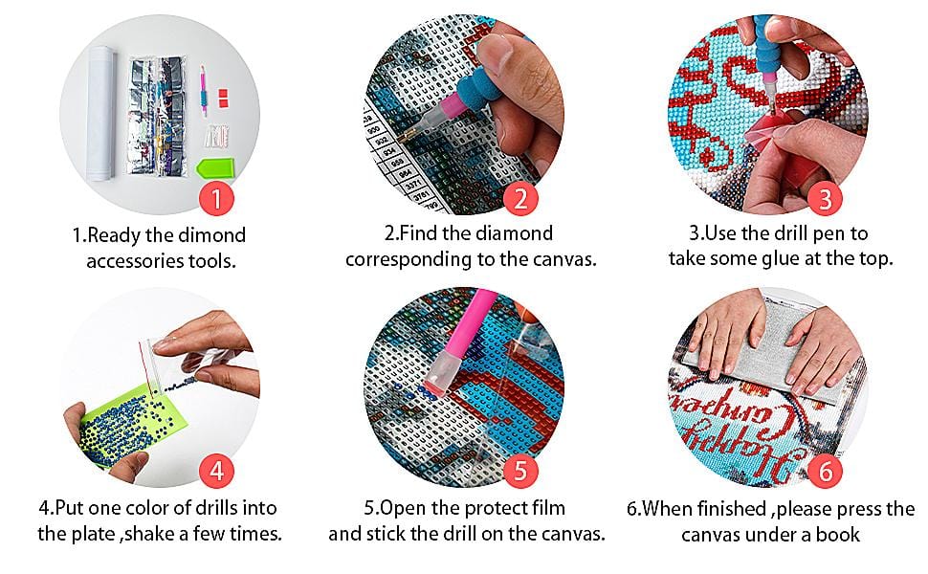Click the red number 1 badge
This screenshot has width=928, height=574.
216,198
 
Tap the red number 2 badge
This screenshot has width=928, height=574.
520,198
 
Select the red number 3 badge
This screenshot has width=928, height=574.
825,198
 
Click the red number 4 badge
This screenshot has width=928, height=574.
216,471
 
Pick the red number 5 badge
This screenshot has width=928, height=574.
520,471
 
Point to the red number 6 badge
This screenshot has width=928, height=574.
825,471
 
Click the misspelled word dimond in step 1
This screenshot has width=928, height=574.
211,235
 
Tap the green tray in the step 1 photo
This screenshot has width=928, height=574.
215,168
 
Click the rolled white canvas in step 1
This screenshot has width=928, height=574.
101,113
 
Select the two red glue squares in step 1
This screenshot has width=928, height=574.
223,99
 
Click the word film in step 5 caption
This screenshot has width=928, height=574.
547,508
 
